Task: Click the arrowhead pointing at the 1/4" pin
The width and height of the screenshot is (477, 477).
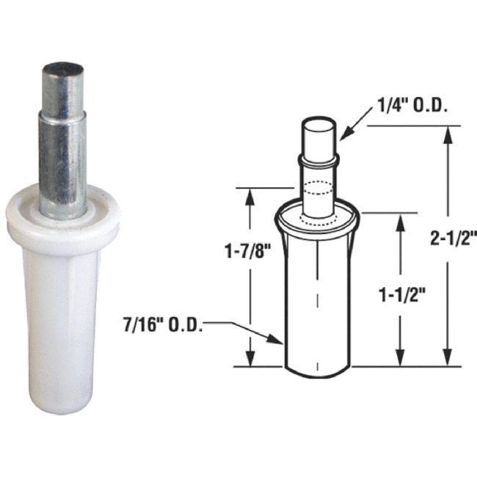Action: click(x=343, y=134)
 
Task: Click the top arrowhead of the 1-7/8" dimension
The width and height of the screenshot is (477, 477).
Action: click(x=251, y=193)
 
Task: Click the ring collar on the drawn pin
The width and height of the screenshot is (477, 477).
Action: click(x=318, y=158)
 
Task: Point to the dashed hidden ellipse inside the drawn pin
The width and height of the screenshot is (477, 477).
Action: click(x=318, y=186)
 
